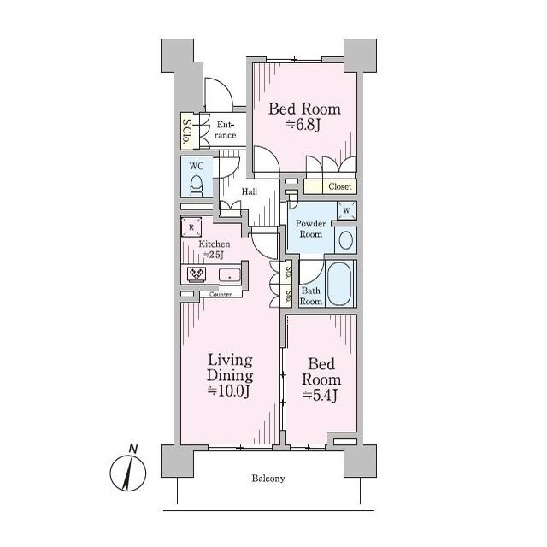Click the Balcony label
coord(268,479)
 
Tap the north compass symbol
coord(128,471)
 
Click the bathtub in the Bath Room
coord(339,284)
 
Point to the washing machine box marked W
coord(346,210)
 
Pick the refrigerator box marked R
coord(191,226)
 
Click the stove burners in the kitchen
coord(197,273)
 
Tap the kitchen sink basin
coord(230,274)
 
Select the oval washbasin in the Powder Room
coord(345,241)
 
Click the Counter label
coord(221,295)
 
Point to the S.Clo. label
coord(187,132)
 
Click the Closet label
coord(340,186)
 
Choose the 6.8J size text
coord(303,125)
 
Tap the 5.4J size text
coord(320,395)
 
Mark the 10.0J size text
coord(229,391)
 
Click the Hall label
coord(250,191)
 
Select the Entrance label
coord(225,130)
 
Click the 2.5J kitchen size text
coord(214,255)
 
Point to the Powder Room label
coord(311,228)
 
